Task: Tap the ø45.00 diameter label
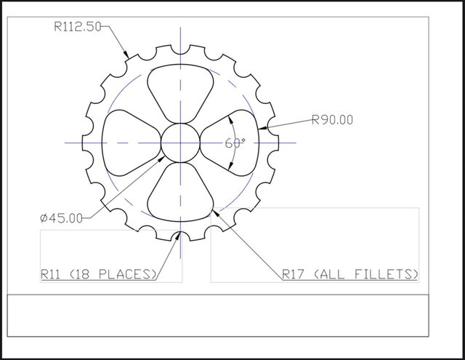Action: (62, 217)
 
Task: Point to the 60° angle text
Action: (235, 143)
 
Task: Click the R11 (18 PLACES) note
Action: (99, 274)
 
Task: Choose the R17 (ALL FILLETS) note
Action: (350, 274)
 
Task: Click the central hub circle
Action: (179, 143)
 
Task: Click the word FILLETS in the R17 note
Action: (389, 274)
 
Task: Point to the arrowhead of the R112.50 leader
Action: (128, 56)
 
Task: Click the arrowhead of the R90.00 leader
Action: (269, 128)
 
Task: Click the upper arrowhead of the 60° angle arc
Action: (230, 116)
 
